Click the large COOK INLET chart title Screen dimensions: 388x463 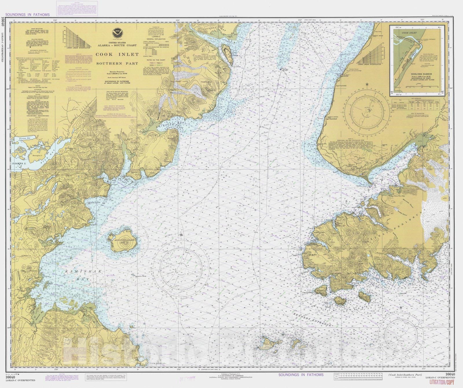(x=117, y=55)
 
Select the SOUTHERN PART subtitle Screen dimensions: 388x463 (x=117, y=63)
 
